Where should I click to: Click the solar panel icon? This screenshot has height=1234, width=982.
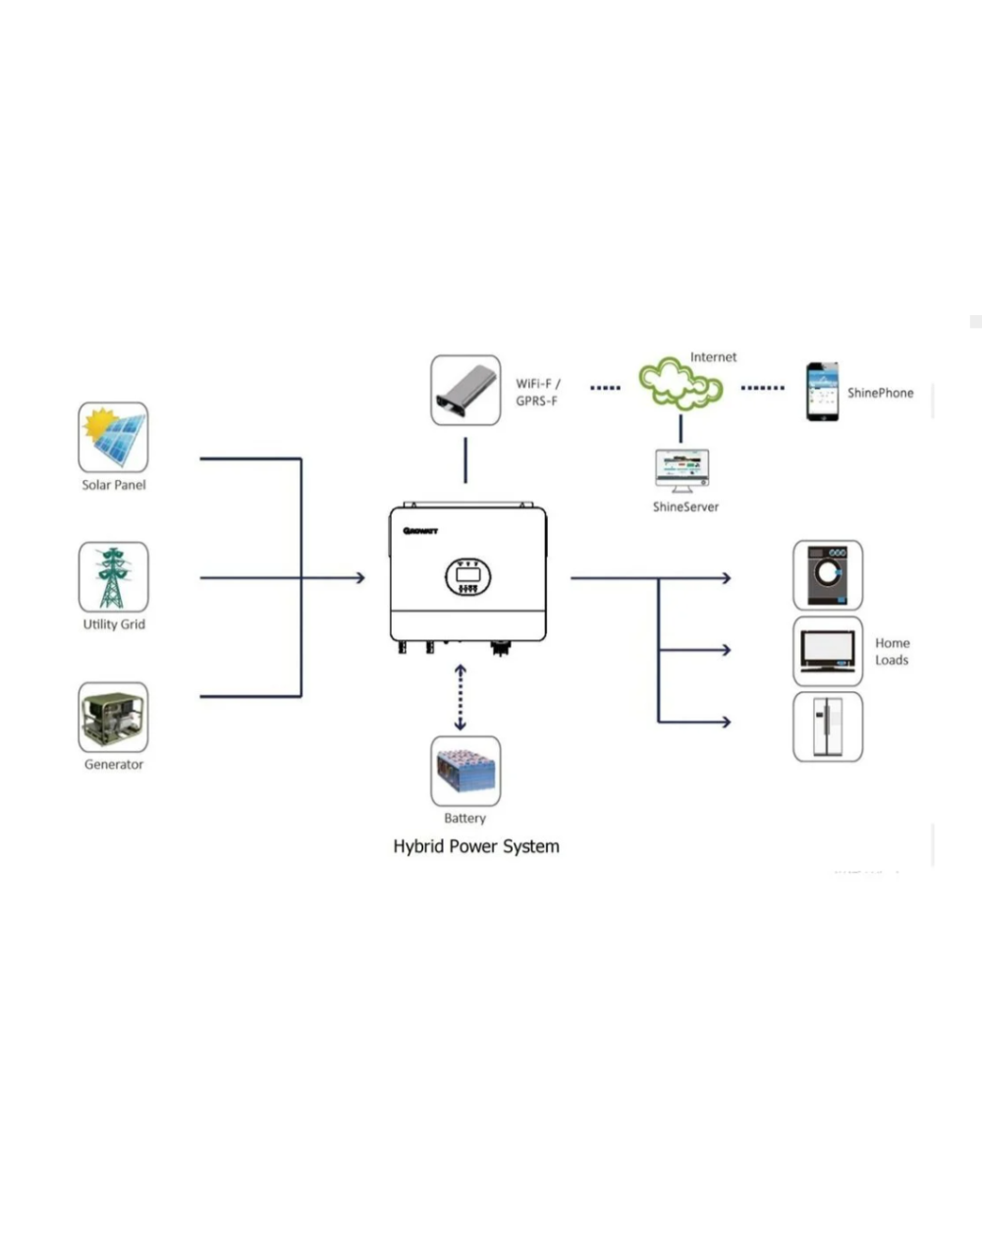coord(114,437)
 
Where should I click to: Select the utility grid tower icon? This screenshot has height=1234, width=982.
coord(114,577)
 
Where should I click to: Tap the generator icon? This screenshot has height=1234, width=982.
coord(114,718)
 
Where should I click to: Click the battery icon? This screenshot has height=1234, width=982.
coord(465,772)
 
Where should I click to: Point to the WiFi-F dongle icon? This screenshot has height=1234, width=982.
coord(465,391)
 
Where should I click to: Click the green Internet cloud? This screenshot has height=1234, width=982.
coord(681,383)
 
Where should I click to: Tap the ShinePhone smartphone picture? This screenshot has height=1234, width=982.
coord(822,392)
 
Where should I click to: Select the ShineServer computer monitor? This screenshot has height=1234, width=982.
coord(682,471)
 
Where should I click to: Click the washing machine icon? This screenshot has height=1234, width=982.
coord(828,575)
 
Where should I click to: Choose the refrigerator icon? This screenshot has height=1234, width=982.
coord(828,726)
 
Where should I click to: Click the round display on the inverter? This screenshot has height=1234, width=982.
coord(467,576)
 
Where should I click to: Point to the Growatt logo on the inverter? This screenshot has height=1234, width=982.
coord(420,531)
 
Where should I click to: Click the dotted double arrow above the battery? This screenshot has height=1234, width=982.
coord(461,698)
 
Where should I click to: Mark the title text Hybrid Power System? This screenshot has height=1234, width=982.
coord(476,846)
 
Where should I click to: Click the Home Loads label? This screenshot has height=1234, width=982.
coord(892,652)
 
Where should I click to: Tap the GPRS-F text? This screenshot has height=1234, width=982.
coord(536,402)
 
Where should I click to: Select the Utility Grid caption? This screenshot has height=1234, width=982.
coord(114,624)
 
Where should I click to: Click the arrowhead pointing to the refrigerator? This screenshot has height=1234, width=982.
coord(726,723)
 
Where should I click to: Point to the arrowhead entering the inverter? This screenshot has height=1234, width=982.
coord(359,578)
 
